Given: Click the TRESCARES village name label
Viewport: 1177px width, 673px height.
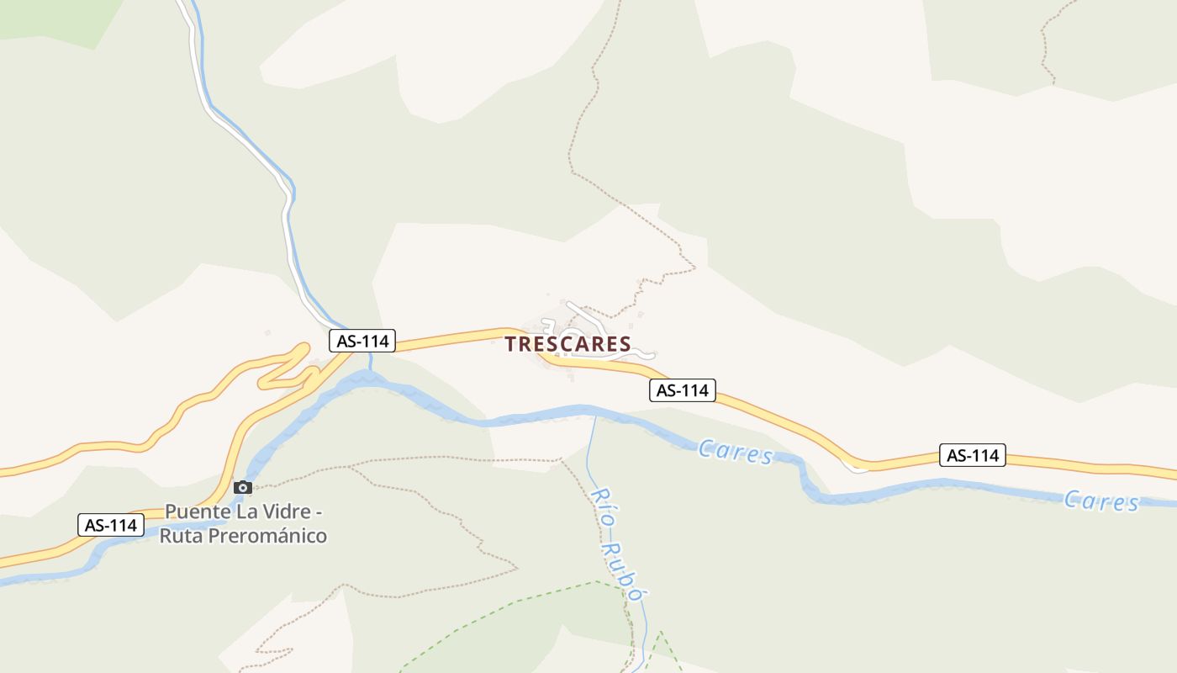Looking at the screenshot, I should [x=567, y=344].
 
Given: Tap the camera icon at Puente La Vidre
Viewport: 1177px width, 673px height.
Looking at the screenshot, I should [x=243, y=487].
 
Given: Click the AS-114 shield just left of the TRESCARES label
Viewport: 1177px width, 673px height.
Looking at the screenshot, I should [x=362, y=341].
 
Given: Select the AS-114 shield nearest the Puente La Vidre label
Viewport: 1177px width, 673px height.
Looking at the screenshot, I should [x=111, y=525].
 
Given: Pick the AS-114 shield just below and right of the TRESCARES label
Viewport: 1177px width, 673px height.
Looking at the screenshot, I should [x=683, y=390].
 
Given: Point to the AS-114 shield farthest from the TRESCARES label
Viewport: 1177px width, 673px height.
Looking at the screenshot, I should [x=973, y=455].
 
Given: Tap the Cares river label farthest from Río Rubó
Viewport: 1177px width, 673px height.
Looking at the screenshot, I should [x=1101, y=501].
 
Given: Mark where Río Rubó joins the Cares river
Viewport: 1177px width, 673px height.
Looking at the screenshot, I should [x=594, y=414].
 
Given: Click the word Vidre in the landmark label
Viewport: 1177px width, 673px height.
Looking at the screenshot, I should [x=298, y=511].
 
